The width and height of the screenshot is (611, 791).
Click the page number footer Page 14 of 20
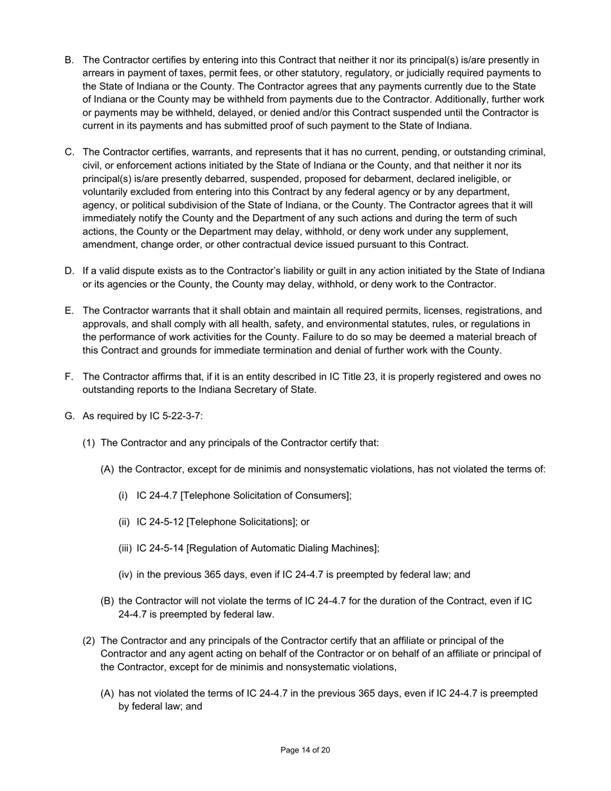coord(305,750)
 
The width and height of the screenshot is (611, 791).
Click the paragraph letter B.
coord(69,60)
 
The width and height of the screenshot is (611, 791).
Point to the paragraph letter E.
coord(69,311)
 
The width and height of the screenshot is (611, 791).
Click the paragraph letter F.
coord(69,376)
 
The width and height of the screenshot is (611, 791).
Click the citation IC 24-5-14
coord(160,548)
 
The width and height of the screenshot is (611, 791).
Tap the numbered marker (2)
coord(89,641)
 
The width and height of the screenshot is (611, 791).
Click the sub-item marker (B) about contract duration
coord(107,601)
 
